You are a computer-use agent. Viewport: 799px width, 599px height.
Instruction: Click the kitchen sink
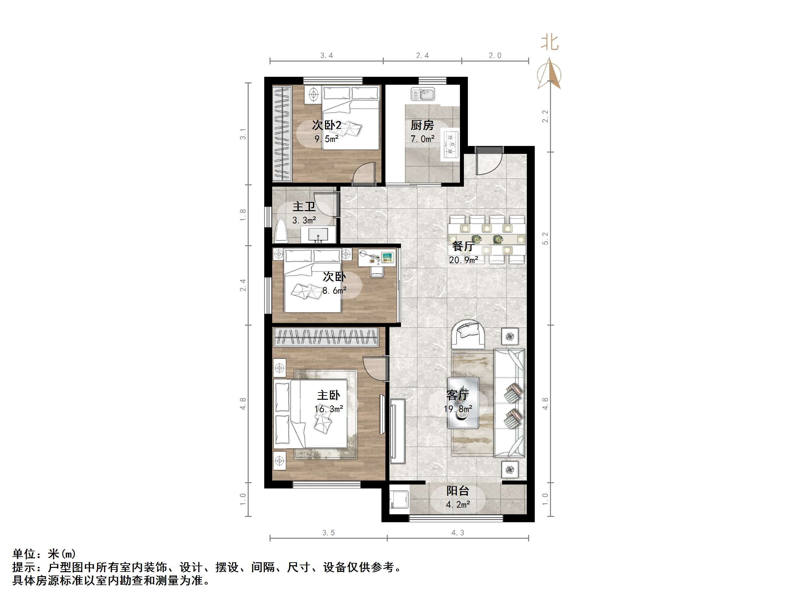pyautogui.click(x=423, y=95)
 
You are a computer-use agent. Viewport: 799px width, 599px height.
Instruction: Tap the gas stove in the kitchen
pyautogui.click(x=451, y=144)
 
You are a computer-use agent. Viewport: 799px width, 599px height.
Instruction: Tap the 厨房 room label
pyautogui.click(x=422, y=125)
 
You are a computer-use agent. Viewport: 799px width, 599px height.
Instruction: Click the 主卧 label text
pyautogui.click(x=328, y=395)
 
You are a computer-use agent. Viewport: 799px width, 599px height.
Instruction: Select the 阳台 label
pyautogui.click(x=458, y=491)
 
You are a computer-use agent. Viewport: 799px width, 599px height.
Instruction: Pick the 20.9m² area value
pyautogui.click(x=464, y=260)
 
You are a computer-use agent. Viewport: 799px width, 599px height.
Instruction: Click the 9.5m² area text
pyautogui.click(x=326, y=139)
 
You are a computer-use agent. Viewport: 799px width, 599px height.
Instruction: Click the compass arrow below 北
pyautogui.click(x=549, y=74)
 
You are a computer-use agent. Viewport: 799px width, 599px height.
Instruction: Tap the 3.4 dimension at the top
pyautogui.click(x=326, y=56)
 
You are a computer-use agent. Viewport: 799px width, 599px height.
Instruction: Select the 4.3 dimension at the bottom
pyautogui.click(x=458, y=532)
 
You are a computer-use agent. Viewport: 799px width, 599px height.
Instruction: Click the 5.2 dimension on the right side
pyautogui.click(x=545, y=238)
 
